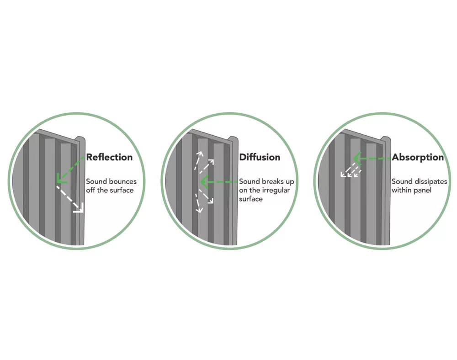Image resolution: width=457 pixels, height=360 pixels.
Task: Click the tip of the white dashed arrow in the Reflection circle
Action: coord(83,212)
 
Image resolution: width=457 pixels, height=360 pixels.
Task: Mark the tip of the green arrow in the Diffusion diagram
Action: coord(201,182)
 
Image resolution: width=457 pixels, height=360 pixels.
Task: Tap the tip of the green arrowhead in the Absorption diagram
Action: coord(353,159)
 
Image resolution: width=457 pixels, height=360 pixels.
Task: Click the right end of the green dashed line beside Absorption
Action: coord(391,159)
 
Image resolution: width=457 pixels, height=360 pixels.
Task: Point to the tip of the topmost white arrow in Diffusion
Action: coord(201,152)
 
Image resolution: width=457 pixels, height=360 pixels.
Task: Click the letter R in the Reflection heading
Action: coord(90,157)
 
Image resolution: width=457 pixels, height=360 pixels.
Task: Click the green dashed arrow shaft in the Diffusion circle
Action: coord(219,182)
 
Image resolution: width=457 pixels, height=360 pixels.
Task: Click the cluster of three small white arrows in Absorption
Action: coord(351,170)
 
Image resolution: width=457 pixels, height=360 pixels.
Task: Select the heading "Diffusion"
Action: coord(260,157)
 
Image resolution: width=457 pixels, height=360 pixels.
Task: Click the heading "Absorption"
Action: coord(418,158)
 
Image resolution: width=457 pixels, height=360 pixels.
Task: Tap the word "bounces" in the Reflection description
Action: coord(123,181)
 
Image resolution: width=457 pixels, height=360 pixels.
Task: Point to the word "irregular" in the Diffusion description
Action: coord(276,191)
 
